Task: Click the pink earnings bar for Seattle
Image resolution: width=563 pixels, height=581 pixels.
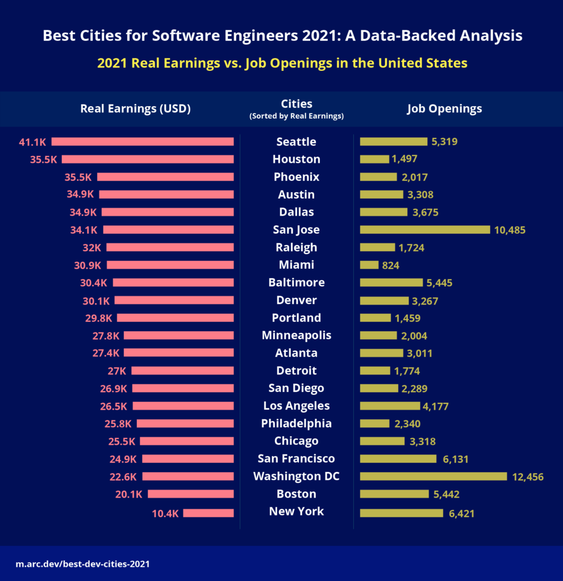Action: [x=143, y=142]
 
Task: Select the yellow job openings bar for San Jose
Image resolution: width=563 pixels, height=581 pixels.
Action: [x=425, y=230]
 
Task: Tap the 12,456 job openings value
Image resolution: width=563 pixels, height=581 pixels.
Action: [x=528, y=477]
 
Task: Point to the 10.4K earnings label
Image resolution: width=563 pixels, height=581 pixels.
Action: [x=165, y=513]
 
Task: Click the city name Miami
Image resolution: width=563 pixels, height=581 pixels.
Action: [x=297, y=265]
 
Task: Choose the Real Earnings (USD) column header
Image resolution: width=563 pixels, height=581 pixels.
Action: [x=135, y=109]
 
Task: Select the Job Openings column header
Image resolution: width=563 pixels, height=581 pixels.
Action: [x=444, y=109]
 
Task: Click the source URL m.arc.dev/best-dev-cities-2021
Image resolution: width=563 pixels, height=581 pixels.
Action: [x=83, y=565]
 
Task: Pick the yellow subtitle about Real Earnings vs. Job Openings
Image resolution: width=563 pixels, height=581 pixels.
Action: [x=282, y=63]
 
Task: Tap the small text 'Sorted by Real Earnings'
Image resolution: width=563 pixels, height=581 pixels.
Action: [x=297, y=116]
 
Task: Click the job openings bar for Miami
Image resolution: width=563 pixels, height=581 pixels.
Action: [x=369, y=265]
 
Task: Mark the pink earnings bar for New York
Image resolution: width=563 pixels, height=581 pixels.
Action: [x=208, y=513]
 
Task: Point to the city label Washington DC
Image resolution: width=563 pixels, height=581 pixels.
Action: [x=297, y=476]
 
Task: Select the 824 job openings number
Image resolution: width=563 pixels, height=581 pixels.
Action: [x=391, y=266]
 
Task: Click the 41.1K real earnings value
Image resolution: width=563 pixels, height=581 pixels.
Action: [x=33, y=142]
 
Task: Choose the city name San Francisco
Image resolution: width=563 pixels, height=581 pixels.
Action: [x=297, y=458]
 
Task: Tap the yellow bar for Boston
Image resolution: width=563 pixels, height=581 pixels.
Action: [x=394, y=494]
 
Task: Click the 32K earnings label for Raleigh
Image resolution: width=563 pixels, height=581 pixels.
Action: [x=91, y=247]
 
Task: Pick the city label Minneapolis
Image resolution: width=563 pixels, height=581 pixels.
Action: [x=297, y=335]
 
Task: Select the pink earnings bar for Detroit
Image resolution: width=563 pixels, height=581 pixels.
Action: [x=182, y=371]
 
